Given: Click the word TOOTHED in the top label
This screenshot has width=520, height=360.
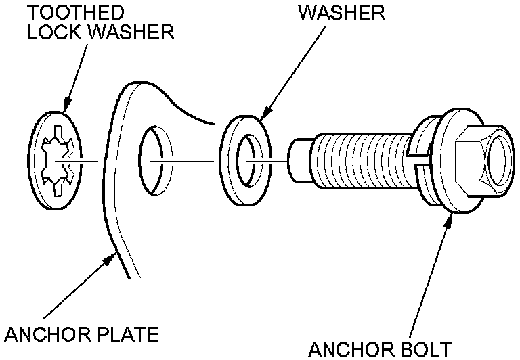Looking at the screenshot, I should point(76,13).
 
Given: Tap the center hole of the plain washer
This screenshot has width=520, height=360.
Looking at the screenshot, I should point(250,161).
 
